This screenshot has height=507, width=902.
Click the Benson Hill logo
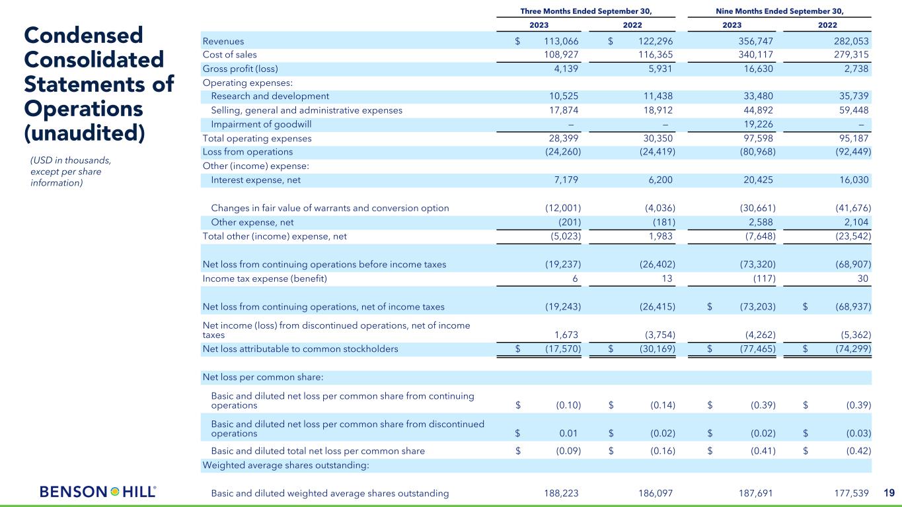tap(98, 492)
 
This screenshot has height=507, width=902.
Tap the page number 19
tap(888, 492)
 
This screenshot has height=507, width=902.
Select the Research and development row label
tap(270, 96)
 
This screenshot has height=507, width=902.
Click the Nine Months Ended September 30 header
tap(780, 11)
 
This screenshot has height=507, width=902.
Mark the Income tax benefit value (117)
tap(762, 279)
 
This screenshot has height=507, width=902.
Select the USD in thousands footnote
tap(71, 171)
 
